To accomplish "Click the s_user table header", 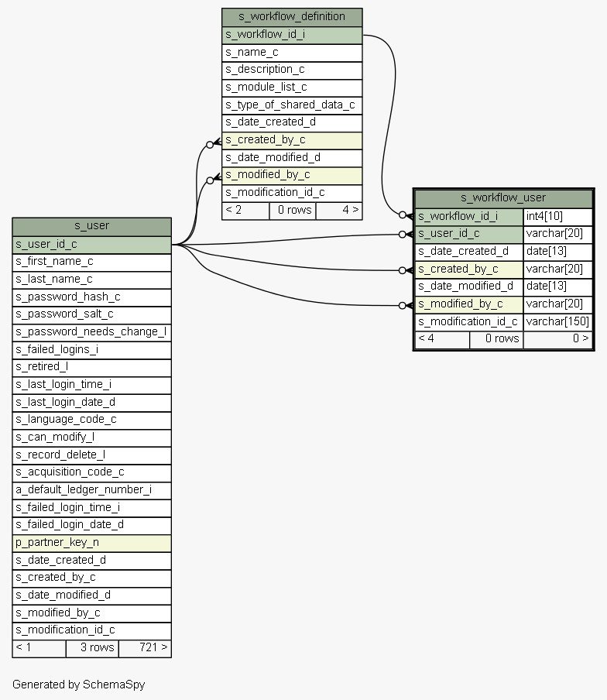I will pyautogui.click(x=91, y=226).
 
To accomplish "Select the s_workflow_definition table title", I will pyautogui.click(x=292, y=17).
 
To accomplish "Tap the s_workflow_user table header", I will pyautogui.click(x=503, y=198).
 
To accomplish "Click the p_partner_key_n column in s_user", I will pyautogui.click(x=91, y=542).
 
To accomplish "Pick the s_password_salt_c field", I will pyautogui.click(x=91, y=314).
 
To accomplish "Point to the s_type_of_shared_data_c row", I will pyautogui.click(x=292, y=105).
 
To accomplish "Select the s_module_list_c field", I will pyautogui.click(x=292, y=87).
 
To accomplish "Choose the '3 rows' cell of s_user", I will pyautogui.click(x=92, y=647).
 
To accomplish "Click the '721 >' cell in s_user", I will pyautogui.click(x=145, y=647).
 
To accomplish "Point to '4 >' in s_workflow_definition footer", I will pyautogui.click(x=339, y=210).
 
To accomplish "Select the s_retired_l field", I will pyautogui.click(x=91, y=367).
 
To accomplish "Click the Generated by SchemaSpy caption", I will pyautogui.click(x=78, y=685).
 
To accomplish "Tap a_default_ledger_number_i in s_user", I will pyautogui.click(x=91, y=489).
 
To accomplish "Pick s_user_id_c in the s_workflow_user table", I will pyautogui.click(x=469, y=234).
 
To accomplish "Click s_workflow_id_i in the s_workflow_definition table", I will pyautogui.click(x=292, y=35).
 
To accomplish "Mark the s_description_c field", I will pyautogui.click(x=292, y=70).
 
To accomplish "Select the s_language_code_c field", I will pyautogui.click(x=91, y=420).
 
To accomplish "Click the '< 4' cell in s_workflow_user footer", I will pyautogui.click(x=442, y=338).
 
